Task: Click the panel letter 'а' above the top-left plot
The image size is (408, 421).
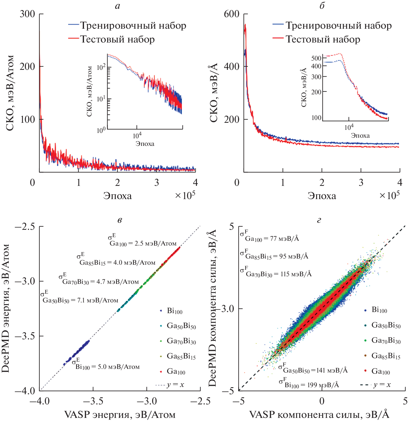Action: (x=118, y=6)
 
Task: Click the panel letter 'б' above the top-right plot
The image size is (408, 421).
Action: (x=322, y=5)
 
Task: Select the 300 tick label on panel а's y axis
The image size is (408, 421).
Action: (x=27, y=14)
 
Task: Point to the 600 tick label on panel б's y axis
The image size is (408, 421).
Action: (x=231, y=14)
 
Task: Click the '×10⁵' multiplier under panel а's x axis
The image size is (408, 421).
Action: (x=185, y=195)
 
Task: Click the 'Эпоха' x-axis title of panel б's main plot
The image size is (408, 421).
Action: (x=322, y=196)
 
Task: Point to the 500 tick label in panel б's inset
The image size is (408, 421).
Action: (x=316, y=58)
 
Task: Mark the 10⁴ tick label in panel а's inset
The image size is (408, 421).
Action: (x=137, y=136)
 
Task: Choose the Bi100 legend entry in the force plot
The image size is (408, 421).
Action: (x=379, y=310)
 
